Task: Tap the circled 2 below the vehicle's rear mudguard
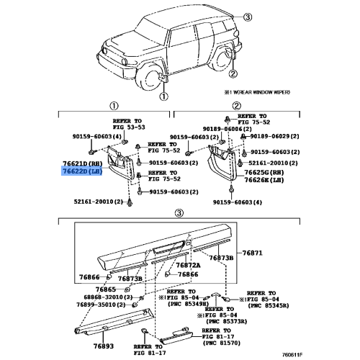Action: [233, 73]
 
